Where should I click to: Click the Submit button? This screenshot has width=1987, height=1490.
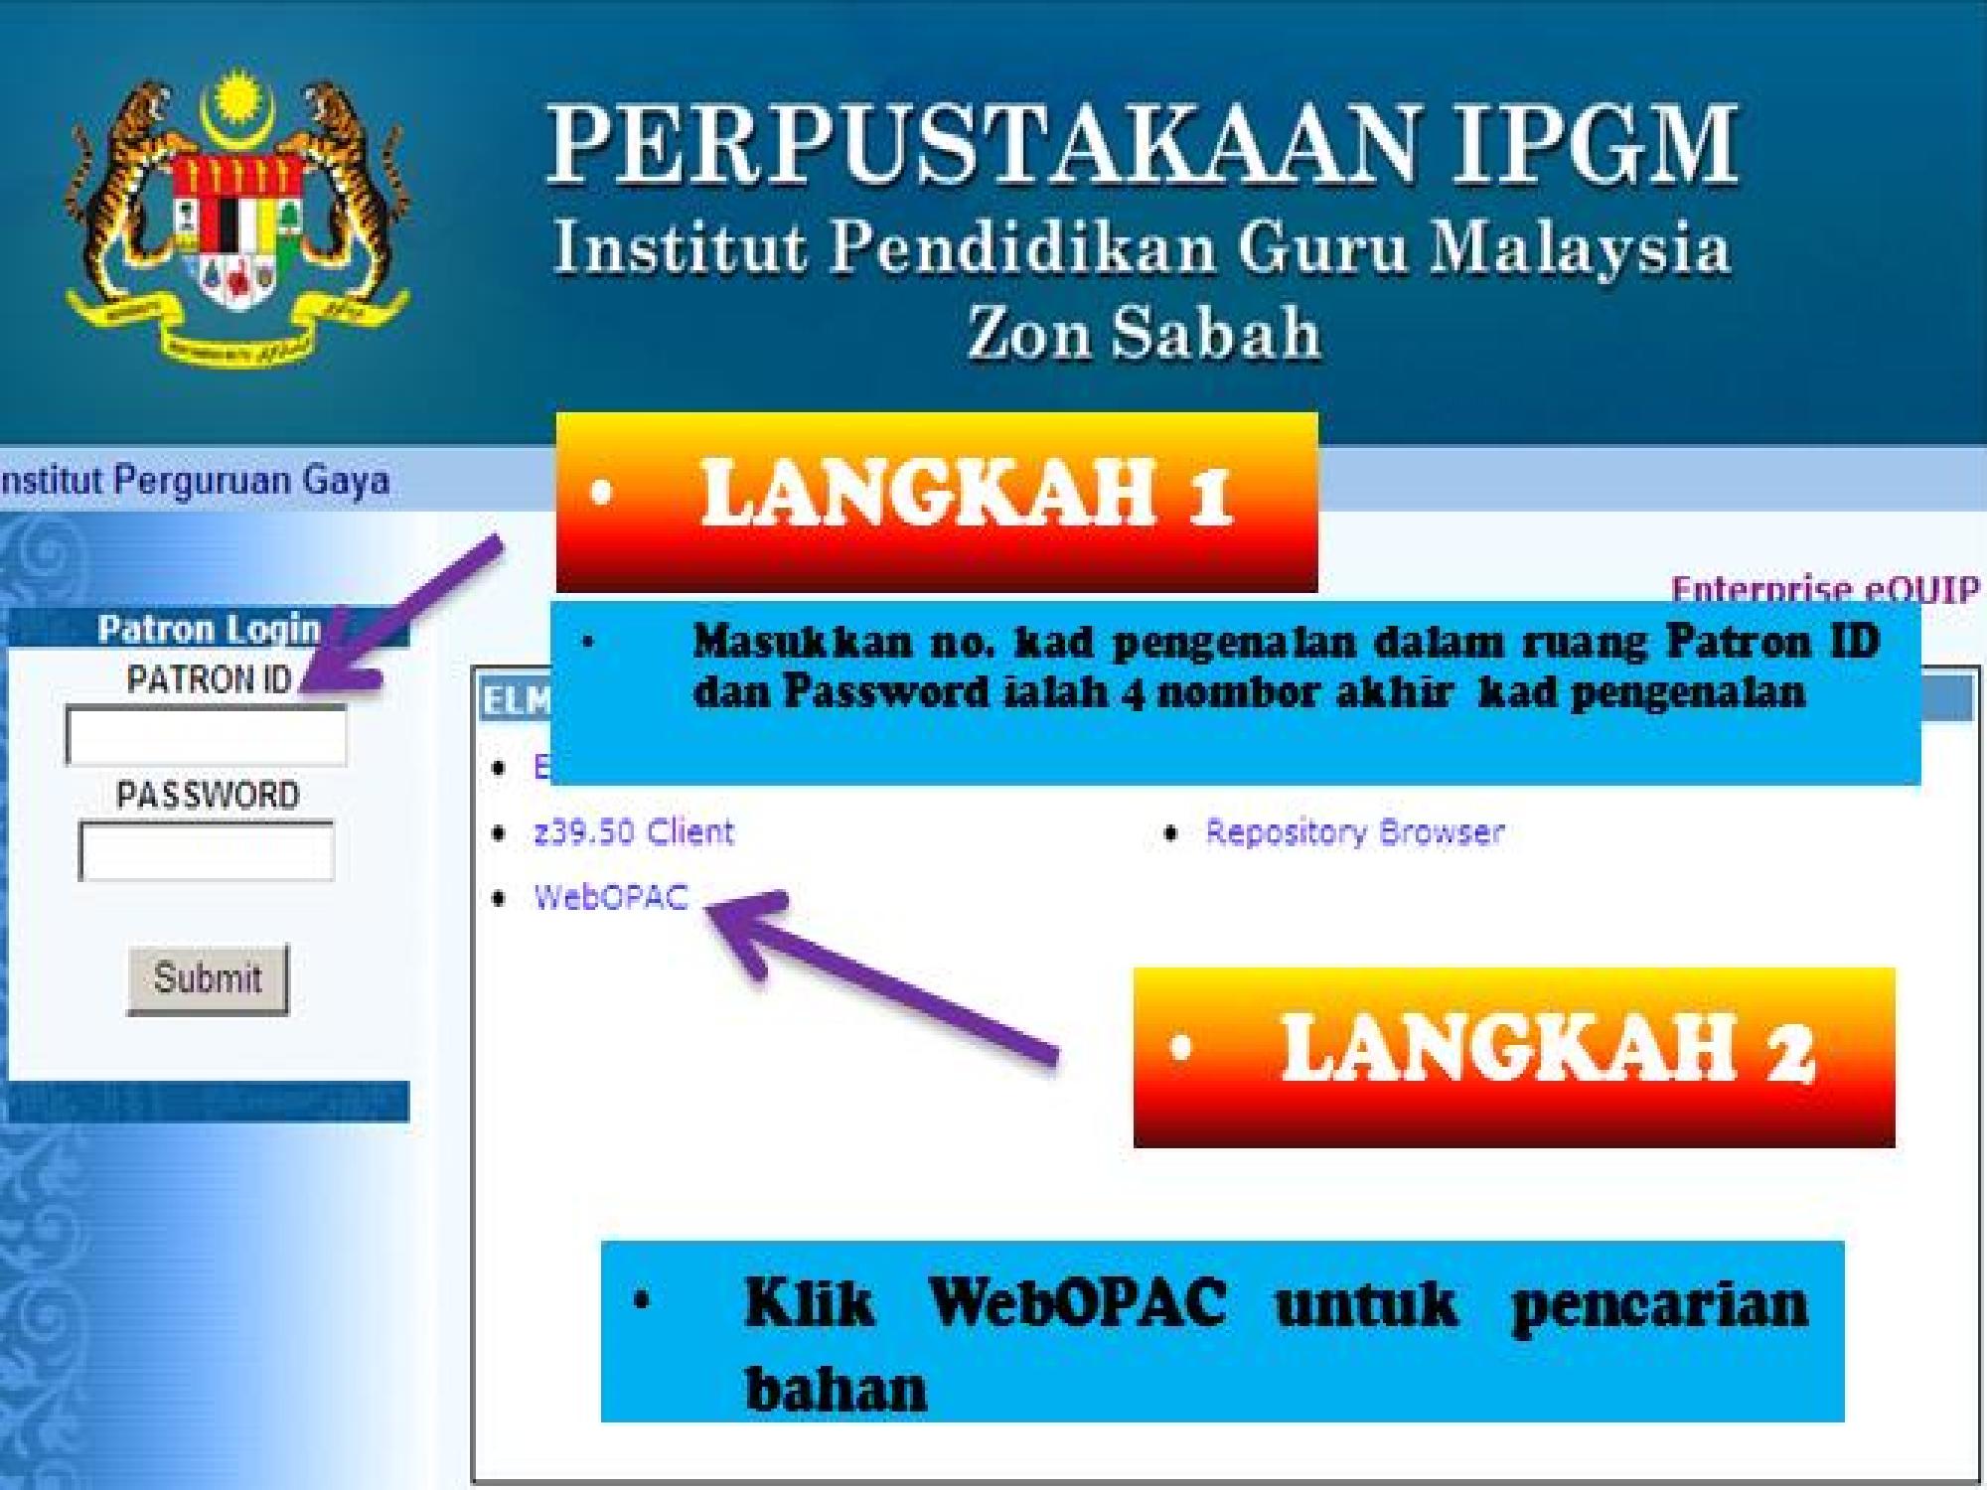point(208,978)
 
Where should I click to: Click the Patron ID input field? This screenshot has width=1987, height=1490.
point(206,735)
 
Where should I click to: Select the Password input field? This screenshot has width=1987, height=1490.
point(206,850)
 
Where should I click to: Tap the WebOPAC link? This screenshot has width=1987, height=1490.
point(611,897)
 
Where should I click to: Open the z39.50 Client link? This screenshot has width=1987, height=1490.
point(634,831)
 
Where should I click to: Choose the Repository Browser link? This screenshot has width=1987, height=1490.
point(1354,831)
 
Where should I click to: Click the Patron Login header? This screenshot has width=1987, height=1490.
point(209,629)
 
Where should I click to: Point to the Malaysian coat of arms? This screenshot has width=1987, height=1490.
point(236,217)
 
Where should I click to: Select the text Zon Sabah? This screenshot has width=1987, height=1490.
point(1144,333)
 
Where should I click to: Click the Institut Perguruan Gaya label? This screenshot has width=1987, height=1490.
point(195,481)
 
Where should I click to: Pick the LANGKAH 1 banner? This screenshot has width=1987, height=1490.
point(937,502)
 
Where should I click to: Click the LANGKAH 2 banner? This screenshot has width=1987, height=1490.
point(1514,1057)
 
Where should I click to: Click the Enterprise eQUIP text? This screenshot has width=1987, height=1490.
point(1824,590)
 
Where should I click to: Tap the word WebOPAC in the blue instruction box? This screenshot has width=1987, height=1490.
point(1077,1301)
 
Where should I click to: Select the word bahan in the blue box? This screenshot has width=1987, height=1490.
point(836,1388)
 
